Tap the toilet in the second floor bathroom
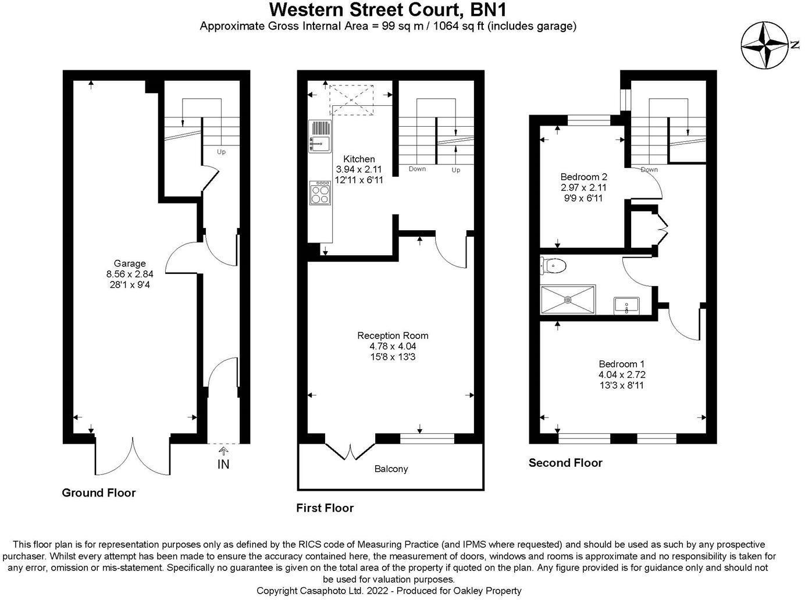[x=553, y=266]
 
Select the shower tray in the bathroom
[x=568, y=299]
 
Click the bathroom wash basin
[x=626, y=305]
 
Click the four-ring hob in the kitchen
[x=320, y=192]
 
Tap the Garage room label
[x=130, y=263]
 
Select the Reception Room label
[x=393, y=335]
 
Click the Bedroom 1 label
[x=622, y=364]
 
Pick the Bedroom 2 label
[x=583, y=177]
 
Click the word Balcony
[x=391, y=469]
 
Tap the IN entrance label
[x=223, y=465]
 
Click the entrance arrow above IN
[x=223, y=451]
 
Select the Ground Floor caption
[x=99, y=493]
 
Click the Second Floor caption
[x=565, y=463]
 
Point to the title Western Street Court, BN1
[x=388, y=10]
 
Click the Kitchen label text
[x=359, y=159]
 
